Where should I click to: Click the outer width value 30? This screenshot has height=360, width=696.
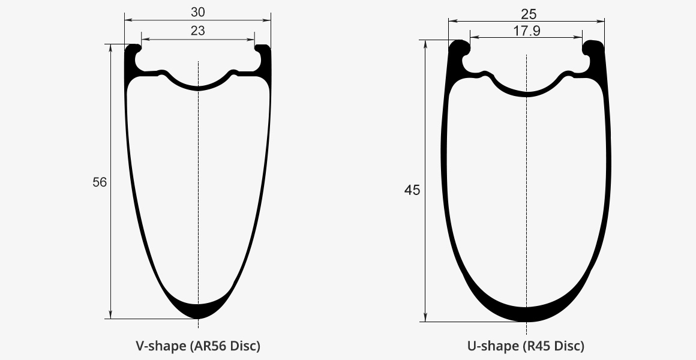[197, 12]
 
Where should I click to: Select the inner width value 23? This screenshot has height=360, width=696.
[197, 31]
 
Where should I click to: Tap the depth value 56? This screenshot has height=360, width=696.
[100, 182]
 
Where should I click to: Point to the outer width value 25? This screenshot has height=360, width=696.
[526, 14]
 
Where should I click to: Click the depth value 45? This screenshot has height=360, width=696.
[412, 191]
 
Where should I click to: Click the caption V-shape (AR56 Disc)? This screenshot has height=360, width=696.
[198, 346]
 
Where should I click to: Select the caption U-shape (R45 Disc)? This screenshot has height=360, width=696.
[526, 346]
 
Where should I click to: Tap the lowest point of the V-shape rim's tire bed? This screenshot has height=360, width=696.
[198, 88]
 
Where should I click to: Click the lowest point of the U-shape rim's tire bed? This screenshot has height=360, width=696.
[526, 94]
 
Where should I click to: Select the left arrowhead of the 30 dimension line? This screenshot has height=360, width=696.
[128, 20]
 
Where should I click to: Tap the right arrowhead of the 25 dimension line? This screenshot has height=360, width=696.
[601, 21]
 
